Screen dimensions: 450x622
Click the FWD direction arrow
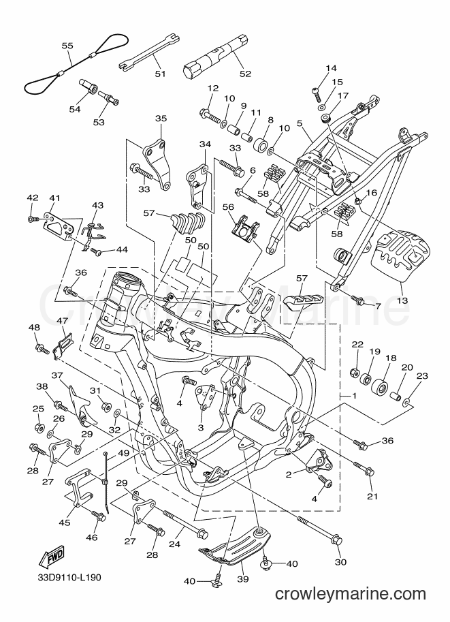[x=51, y=557]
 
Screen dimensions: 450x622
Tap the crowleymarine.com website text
[x=351, y=594]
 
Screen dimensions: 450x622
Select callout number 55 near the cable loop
[x=67, y=46]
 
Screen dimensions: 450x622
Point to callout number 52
[x=245, y=74]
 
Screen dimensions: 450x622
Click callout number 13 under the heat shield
[x=402, y=300]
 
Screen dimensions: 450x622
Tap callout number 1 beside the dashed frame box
[x=354, y=396]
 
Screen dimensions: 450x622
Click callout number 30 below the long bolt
[x=340, y=561]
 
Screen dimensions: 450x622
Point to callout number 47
[x=62, y=320]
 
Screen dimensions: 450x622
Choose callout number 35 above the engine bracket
[x=161, y=119]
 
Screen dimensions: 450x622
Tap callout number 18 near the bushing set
[x=391, y=358]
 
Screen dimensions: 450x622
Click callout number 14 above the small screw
[x=331, y=68]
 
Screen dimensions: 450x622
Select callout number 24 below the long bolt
[x=174, y=544]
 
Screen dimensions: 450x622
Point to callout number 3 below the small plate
[x=201, y=428]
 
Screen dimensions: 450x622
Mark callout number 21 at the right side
[x=372, y=496]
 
